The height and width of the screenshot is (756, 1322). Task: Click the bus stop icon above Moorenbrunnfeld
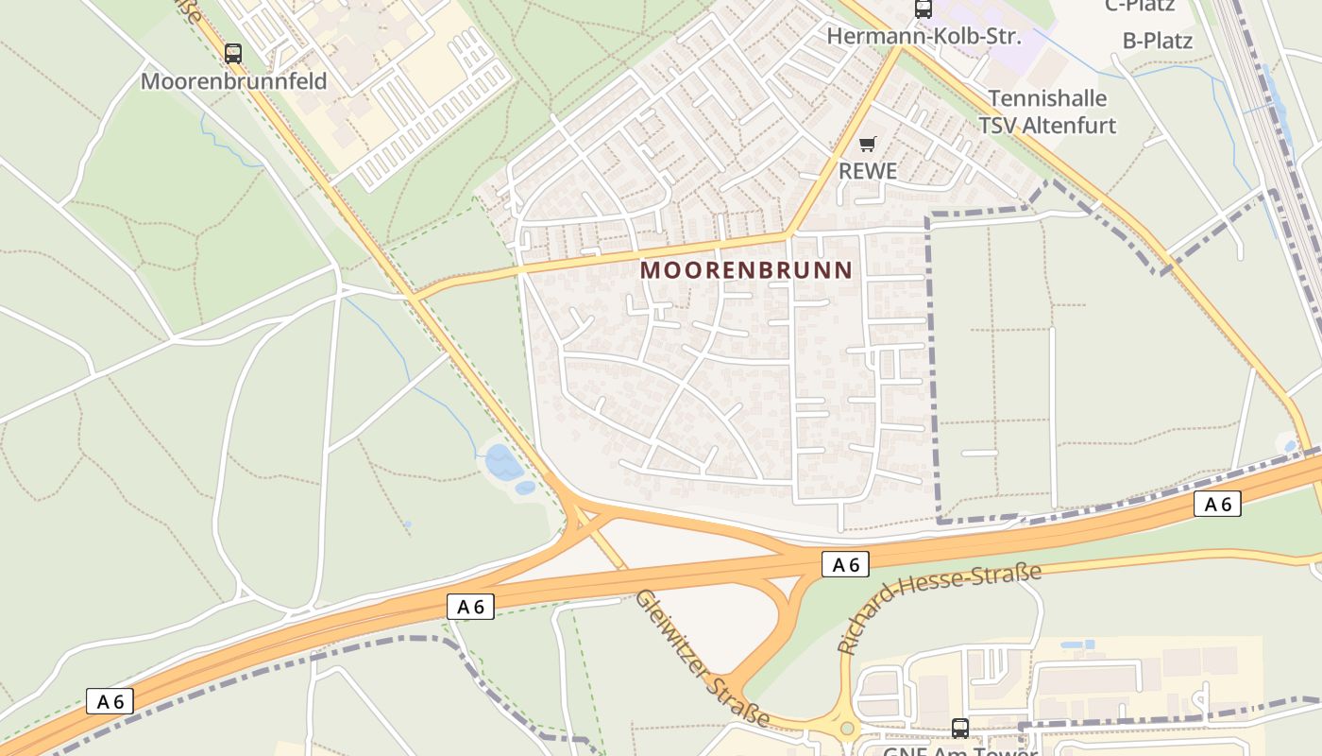233,54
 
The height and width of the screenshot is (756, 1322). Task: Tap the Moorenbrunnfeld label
233,81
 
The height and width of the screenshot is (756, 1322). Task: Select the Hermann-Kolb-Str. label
923,36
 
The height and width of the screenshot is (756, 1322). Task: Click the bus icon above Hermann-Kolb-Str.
923,9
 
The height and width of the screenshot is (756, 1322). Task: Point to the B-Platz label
1157,41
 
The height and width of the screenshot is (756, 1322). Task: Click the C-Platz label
1140,6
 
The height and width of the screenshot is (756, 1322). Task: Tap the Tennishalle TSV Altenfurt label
1047,112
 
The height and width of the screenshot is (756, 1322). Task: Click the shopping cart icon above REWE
867,145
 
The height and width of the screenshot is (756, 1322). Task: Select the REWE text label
867,171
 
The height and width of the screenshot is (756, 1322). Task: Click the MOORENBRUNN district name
746,270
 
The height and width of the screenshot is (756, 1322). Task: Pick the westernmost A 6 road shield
110,701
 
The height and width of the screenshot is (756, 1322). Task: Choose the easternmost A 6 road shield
1217,504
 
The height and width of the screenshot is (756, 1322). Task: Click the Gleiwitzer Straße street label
700,658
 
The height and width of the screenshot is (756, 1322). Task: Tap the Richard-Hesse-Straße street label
939,607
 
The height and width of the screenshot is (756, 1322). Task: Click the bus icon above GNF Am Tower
960,728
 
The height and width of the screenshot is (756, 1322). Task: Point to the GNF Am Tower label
960,751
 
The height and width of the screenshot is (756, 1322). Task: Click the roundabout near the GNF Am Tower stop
847,729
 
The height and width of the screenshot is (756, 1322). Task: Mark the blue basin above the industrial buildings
1077,644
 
